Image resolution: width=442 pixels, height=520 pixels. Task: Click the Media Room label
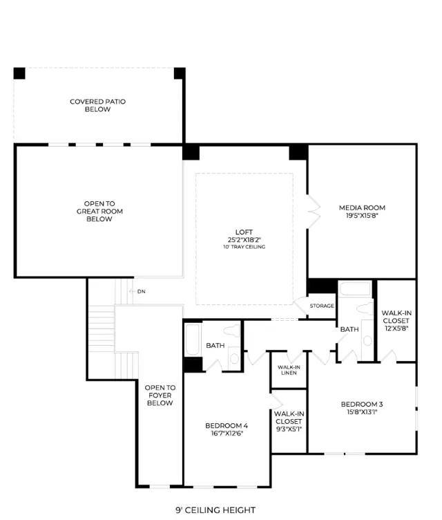coord(362,208)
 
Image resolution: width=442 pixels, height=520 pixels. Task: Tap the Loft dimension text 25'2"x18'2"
coord(244,240)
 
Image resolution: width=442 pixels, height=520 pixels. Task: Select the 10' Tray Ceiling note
coord(244,247)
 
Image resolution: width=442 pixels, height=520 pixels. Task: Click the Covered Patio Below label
coord(98,106)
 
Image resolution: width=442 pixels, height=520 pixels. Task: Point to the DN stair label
coord(142,292)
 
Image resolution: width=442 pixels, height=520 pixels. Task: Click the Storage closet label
coord(322,306)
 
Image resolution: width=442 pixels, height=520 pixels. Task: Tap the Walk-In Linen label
coord(289,370)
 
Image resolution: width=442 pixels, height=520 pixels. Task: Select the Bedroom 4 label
coord(227,426)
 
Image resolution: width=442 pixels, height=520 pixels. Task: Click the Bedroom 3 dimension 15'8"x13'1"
coord(362,412)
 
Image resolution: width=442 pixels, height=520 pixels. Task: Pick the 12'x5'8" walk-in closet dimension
coord(396,328)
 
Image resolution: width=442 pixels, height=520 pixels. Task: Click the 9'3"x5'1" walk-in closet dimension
coord(289,429)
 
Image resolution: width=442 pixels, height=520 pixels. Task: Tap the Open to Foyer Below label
coord(160,396)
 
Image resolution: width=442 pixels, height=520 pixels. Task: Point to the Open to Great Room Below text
coord(99,212)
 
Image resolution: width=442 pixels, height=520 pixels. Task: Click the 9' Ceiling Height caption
coord(215,510)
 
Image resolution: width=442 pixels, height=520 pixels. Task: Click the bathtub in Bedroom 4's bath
coord(193,340)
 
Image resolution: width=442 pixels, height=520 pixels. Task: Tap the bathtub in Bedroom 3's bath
coord(355,289)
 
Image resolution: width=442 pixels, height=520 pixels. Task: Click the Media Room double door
coord(313,212)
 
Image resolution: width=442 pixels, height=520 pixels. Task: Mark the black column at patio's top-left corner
coord(19,73)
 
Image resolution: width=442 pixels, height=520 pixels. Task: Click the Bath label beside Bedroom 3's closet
coord(349,329)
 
